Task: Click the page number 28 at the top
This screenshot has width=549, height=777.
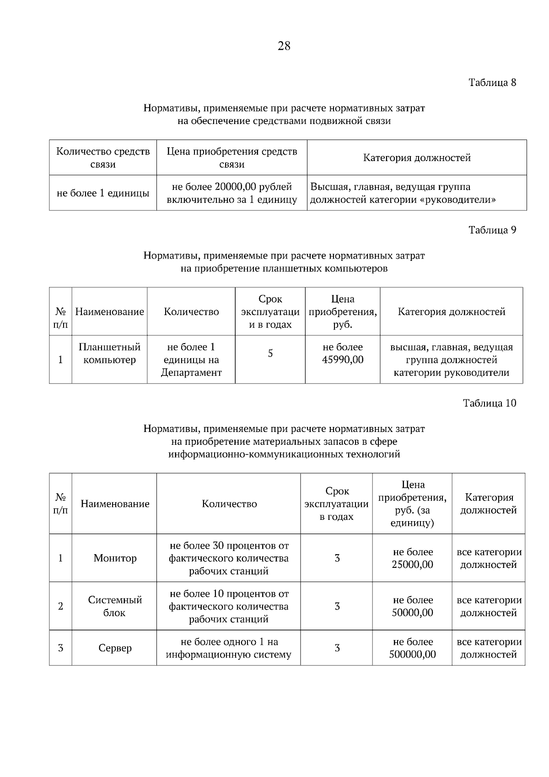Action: pyautogui.click(x=284, y=46)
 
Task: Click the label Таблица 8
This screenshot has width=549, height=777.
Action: pyautogui.click(x=492, y=83)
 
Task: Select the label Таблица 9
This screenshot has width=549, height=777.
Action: pyautogui.click(x=492, y=230)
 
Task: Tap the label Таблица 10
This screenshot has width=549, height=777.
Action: pyautogui.click(x=489, y=403)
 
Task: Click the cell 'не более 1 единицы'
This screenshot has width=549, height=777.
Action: pyautogui.click(x=103, y=193)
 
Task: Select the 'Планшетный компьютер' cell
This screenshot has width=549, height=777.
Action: pyautogui.click(x=109, y=353)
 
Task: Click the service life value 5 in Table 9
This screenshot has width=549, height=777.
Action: pyautogui.click(x=270, y=353)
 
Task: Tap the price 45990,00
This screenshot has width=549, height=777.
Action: pyautogui.click(x=343, y=360)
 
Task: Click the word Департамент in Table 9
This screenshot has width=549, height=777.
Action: pyautogui.click(x=191, y=372)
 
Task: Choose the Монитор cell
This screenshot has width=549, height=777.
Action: pyautogui.click(x=115, y=558)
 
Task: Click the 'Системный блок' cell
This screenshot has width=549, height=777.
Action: pyautogui.click(x=115, y=606)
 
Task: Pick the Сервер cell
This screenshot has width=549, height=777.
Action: pyautogui.click(x=115, y=648)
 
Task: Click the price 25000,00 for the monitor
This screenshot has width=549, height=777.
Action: pyautogui.click(x=412, y=565)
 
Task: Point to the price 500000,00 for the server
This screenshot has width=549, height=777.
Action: pyautogui.click(x=412, y=654)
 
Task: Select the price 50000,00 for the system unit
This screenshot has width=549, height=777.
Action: pyautogui.click(x=412, y=613)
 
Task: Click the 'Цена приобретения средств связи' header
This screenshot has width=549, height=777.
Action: pyautogui.click(x=231, y=158)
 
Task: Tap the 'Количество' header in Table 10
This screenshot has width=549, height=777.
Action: pyautogui.click(x=229, y=504)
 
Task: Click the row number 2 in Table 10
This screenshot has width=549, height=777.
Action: pyautogui.click(x=60, y=606)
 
